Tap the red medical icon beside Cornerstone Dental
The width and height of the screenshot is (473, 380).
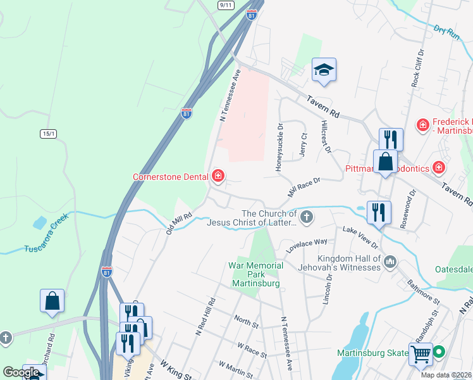(x=218, y=176)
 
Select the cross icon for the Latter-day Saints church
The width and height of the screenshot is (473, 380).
(x=307, y=218)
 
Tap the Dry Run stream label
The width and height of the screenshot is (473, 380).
(x=446, y=32)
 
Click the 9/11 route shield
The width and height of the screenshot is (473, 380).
(x=225, y=4)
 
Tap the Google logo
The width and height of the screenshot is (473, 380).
(x=21, y=372)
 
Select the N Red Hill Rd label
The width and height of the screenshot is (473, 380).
(x=207, y=316)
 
